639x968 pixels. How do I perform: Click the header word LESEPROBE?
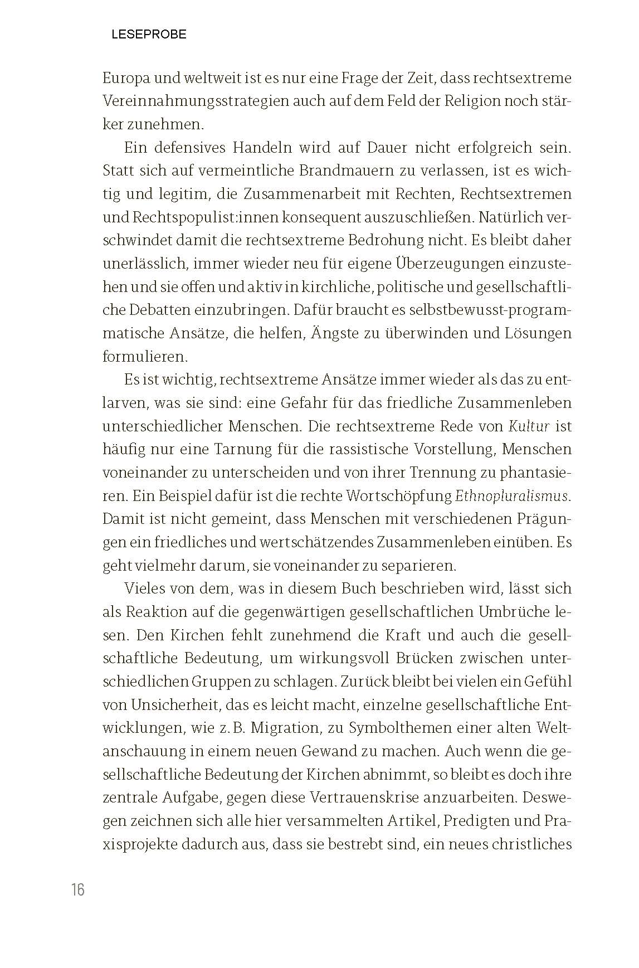tap(149, 35)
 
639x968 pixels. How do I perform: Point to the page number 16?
tap(78, 890)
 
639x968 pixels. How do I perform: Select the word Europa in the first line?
tap(127, 78)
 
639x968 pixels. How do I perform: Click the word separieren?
tap(416, 566)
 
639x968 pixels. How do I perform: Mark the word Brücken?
tap(425, 658)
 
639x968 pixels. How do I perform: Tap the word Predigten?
tap(489, 821)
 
